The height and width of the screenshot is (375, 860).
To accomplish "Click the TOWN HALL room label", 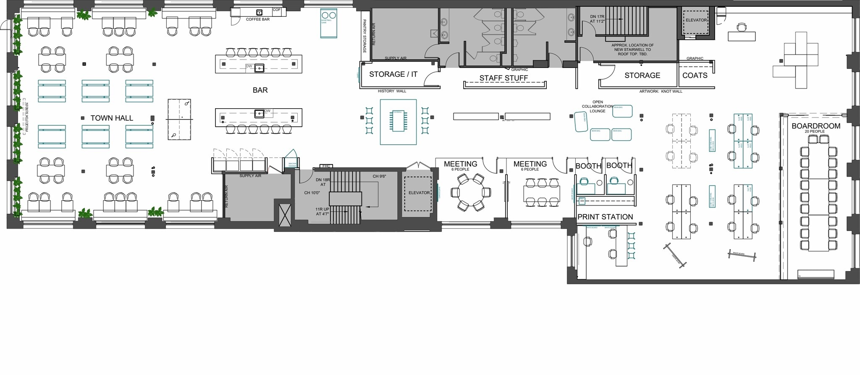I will pyautogui.click(x=112, y=118).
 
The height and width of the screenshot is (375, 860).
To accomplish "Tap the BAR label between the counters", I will pyautogui.click(x=260, y=90).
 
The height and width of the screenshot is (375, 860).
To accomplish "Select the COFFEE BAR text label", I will pyautogui.click(x=257, y=19).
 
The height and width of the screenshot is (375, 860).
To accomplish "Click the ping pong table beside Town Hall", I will pyautogui.click(x=179, y=120).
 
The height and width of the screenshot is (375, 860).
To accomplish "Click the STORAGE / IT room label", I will pyautogui.click(x=393, y=74).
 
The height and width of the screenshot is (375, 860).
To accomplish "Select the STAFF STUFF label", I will pyautogui.click(x=503, y=78).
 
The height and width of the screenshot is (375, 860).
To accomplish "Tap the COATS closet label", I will pyautogui.click(x=695, y=76).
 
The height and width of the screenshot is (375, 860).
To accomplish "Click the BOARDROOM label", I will pyautogui.click(x=815, y=126).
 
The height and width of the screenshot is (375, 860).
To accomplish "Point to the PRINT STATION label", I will pyautogui.click(x=605, y=217).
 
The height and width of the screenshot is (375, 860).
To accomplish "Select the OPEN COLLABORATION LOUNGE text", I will pyautogui.click(x=597, y=107).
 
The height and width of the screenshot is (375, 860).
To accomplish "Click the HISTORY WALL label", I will pyautogui.click(x=392, y=91).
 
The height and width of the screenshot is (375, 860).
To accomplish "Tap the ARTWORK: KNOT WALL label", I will pyautogui.click(x=661, y=91).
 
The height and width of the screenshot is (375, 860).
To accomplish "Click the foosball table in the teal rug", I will pyautogui.click(x=398, y=121).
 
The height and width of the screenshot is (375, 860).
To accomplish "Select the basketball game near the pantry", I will pyautogui.click(x=328, y=23).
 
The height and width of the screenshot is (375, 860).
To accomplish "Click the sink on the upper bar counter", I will pyautogui.click(x=260, y=68).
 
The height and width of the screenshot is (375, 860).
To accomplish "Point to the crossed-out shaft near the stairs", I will pyautogui.click(x=285, y=215).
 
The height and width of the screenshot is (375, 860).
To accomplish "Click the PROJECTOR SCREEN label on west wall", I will pyautogui.click(x=26, y=117).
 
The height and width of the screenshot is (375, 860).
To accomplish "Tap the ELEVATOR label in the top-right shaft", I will pyautogui.click(x=696, y=20).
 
